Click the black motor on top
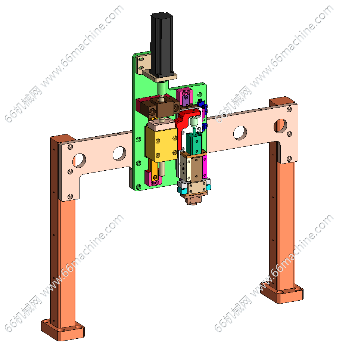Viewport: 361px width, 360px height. pos(161,44)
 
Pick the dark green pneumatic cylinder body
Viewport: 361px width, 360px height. pos(194,144)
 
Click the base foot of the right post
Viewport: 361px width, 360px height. pos(282,293)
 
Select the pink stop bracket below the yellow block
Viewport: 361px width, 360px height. pos(152,178)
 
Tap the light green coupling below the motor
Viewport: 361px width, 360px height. pos(162,88)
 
